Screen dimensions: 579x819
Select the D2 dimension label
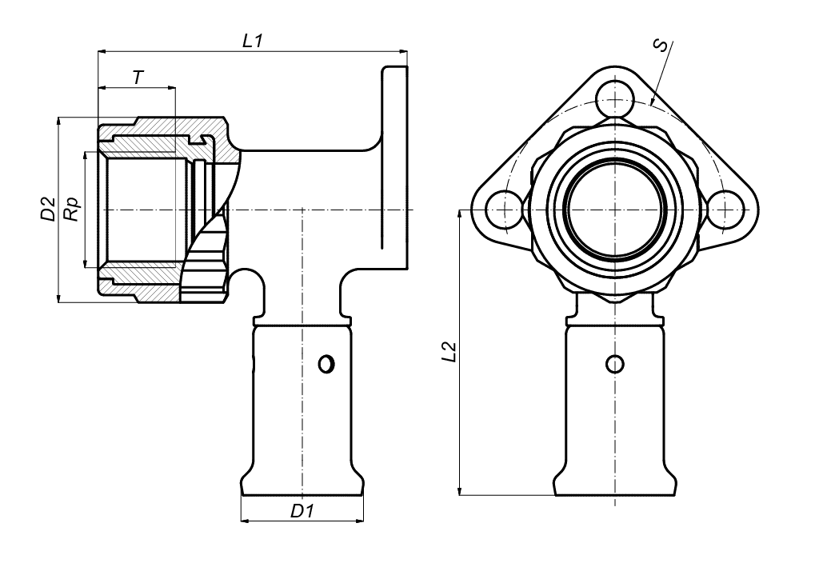tap(47, 210)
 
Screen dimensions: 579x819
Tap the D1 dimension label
tap(301, 510)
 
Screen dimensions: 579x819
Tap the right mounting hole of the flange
tap(724, 210)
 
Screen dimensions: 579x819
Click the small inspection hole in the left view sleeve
tap(326, 364)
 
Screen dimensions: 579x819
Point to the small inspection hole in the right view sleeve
tap(614, 364)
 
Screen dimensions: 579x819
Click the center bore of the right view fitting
tap(614, 210)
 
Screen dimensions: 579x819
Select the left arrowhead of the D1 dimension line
tap(245, 521)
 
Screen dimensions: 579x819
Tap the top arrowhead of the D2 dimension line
tap(58, 122)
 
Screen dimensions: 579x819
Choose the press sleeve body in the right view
tap(614, 416)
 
